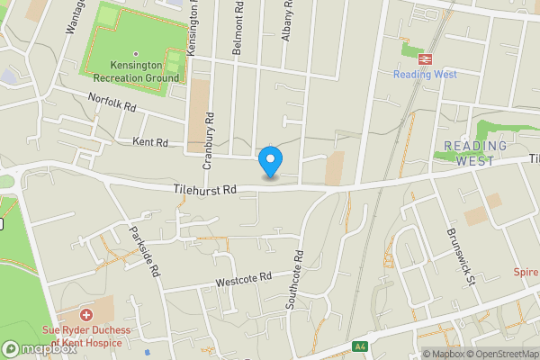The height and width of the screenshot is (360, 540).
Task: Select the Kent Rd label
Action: click(150, 142)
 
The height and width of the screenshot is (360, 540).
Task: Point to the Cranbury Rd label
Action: click(208, 140)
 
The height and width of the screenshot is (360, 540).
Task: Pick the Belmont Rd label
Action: click(238, 36)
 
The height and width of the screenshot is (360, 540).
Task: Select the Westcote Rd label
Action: click(243, 281)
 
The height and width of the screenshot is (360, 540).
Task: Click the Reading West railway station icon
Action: click(425, 58)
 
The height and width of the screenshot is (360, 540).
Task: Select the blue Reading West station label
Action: click(425, 75)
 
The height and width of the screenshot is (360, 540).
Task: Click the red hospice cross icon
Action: click(86, 315)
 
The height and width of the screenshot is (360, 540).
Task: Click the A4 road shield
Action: click(360, 346)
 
